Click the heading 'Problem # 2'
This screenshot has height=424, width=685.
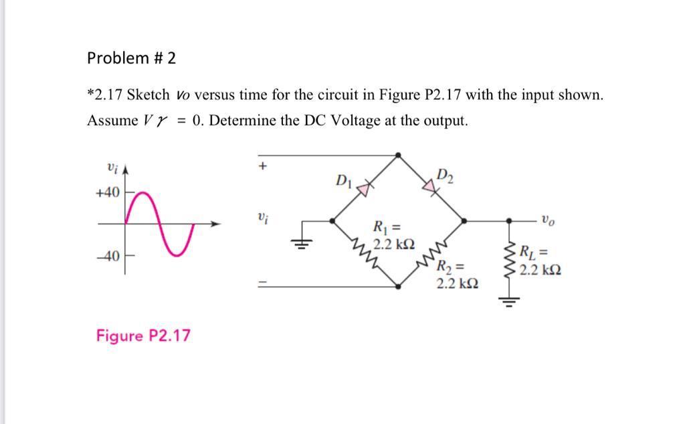(131, 58)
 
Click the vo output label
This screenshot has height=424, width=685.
(547, 219)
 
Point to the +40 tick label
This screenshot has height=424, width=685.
(107, 193)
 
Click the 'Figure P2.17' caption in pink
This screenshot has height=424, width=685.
(143, 335)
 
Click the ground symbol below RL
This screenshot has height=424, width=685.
(510, 301)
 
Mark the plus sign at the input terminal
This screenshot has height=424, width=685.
(264, 165)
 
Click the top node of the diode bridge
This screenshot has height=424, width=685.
(399, 155)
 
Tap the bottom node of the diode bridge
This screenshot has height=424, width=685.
(399, 286)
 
